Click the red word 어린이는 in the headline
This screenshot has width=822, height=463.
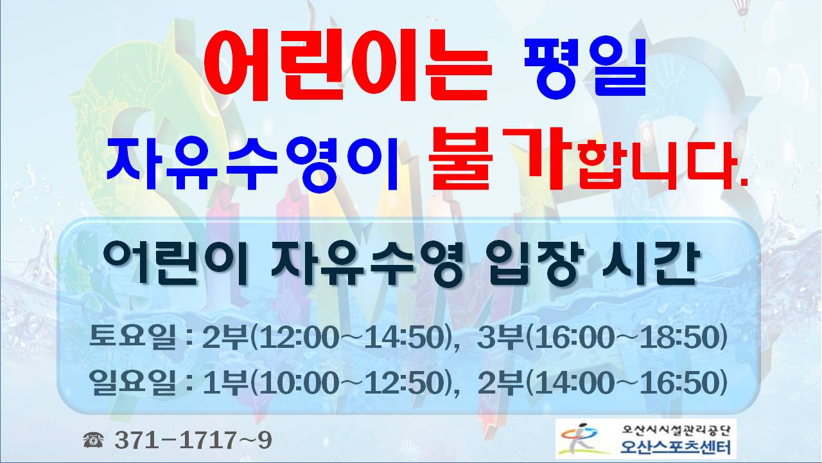347,66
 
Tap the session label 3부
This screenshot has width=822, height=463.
501,337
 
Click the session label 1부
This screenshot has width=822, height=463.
225,383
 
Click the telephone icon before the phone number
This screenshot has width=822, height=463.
93,440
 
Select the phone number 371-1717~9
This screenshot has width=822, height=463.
193,440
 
